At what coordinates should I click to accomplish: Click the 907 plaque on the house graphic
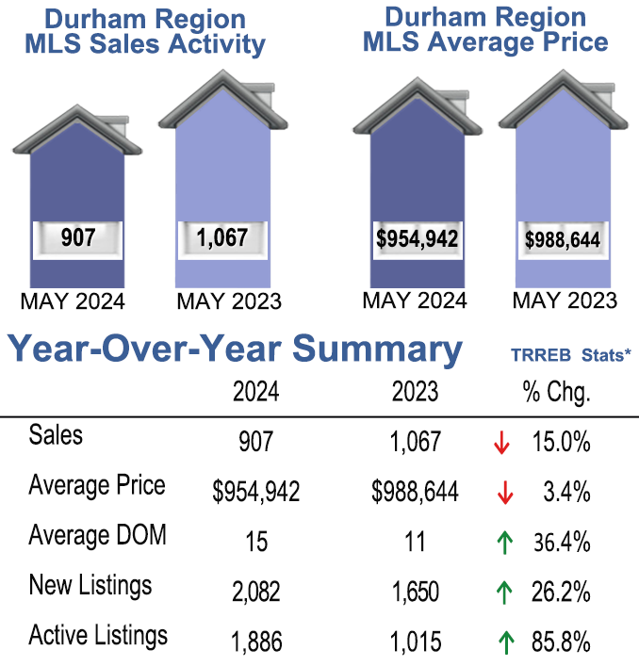[77, 238]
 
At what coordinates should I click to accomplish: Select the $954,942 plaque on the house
[417, 238]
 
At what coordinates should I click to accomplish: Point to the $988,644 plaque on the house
[562, 240]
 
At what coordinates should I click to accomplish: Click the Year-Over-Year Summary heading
[236, 349]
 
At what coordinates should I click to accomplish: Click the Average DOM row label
[97, 536]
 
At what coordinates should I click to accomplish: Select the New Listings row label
[90, 586]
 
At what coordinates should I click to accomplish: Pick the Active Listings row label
[98, 636]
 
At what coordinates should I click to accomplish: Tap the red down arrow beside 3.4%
[503, 492]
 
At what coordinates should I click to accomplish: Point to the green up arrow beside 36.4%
[503, 542]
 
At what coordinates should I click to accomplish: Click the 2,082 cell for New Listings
[255, 593]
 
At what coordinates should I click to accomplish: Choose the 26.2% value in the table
[563, 593]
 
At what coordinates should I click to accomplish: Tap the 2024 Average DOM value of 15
[255, 543]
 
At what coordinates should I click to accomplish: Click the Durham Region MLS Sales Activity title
[142, 32]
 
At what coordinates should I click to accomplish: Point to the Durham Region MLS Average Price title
[484, 29]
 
